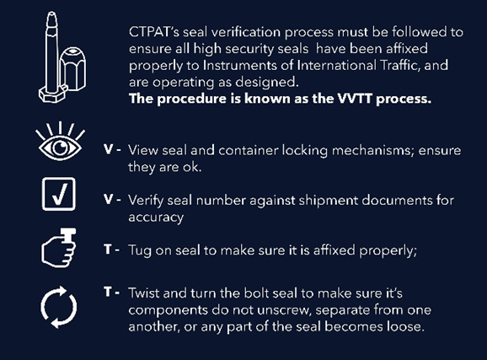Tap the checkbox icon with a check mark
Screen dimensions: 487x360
click(x=59, y=194)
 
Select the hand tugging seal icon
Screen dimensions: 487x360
click(x=59, y=248)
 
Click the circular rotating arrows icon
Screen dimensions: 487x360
click(x=59, y=307)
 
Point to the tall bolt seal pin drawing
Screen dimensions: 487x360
click(x=52, y=57)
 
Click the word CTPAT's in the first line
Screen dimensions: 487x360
click(x=154, y=32)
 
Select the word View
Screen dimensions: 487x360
click(x=143, y=150)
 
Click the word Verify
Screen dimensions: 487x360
click(x=146, y=201)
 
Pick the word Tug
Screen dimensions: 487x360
click(x=140, y=251)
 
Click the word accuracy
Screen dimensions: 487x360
click(x=156, y=218)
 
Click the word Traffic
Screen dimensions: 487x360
click(x=400, y=66)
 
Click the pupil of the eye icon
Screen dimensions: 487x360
click(x=61, y=148)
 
